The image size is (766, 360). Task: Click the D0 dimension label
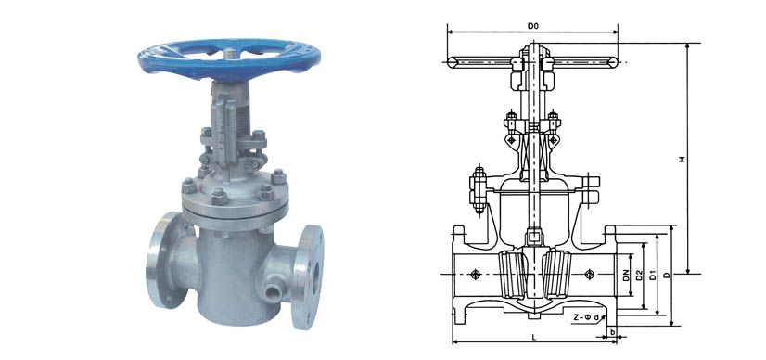[x=533, y=26]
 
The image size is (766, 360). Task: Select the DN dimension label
[x=626, y=276]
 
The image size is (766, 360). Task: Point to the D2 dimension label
[x=639, y=276]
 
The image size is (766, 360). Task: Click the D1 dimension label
[x=653, y=276]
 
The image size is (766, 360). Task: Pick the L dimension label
[x=534, y=337]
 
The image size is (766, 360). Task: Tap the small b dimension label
[x=613, y=333]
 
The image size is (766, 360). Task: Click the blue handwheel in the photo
[x=229, y=58]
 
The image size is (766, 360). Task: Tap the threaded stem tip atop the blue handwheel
[x=228, y=52]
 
